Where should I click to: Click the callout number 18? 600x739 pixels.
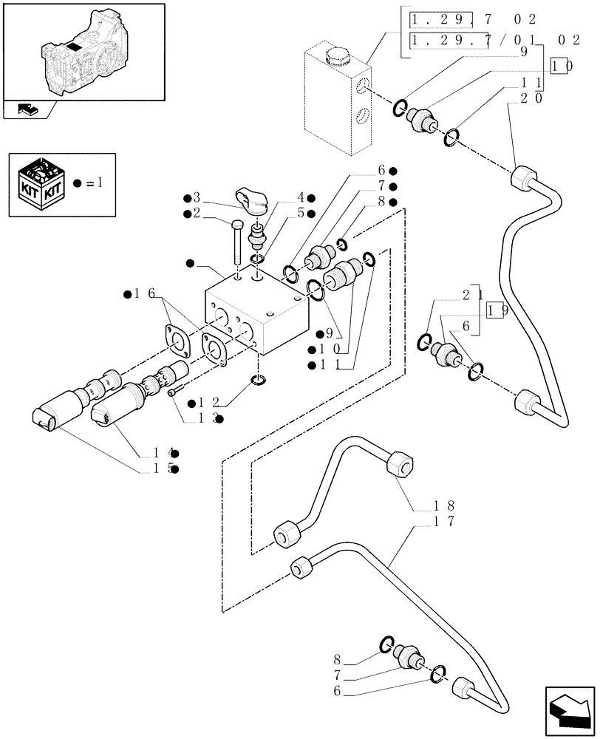point(444,507)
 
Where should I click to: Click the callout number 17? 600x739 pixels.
point(444,521)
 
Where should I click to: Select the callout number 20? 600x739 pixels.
point(532,97)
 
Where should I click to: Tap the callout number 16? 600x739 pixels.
point(145,294)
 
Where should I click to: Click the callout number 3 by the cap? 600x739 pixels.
point(197,197)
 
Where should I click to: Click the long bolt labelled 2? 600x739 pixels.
point(236,239)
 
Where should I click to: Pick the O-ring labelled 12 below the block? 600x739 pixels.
point(259,381)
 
